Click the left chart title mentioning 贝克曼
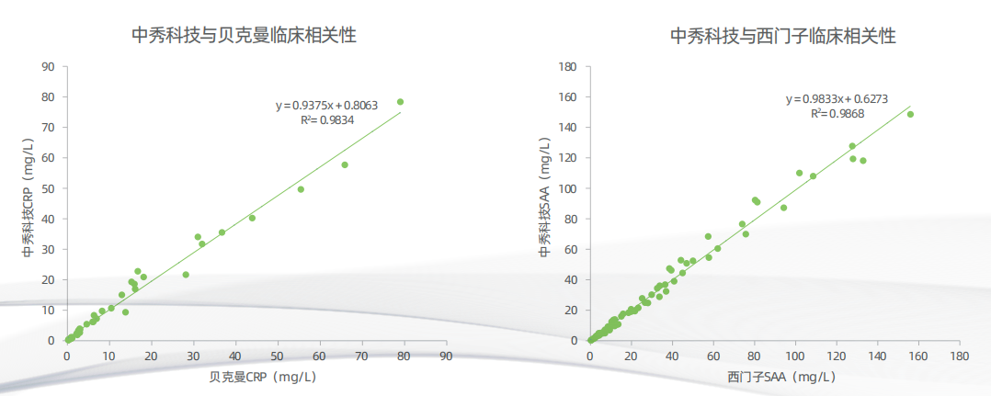click(245, 36)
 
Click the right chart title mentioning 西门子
click(782, 36)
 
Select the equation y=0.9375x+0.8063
click(326, 106)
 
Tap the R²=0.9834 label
click(327, 120)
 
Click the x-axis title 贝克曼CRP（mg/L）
click(256, 377)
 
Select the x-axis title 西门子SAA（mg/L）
click(780, 377)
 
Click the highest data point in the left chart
click(400, 102)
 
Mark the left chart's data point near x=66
click(345, 165)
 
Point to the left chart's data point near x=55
click(301, 189)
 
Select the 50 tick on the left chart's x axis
click(278, 356)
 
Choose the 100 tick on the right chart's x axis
click(795, 356)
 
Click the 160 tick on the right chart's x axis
click(918, 356)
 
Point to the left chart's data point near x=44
click(252, 218)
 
